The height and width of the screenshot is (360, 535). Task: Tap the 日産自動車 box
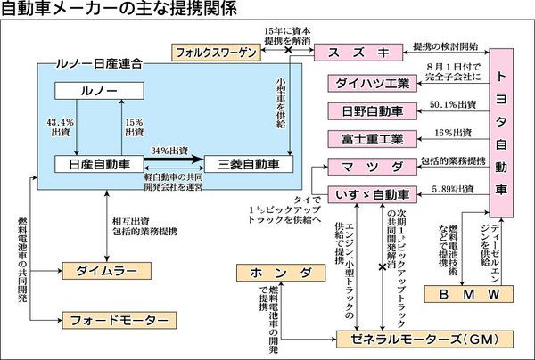[95, 164]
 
